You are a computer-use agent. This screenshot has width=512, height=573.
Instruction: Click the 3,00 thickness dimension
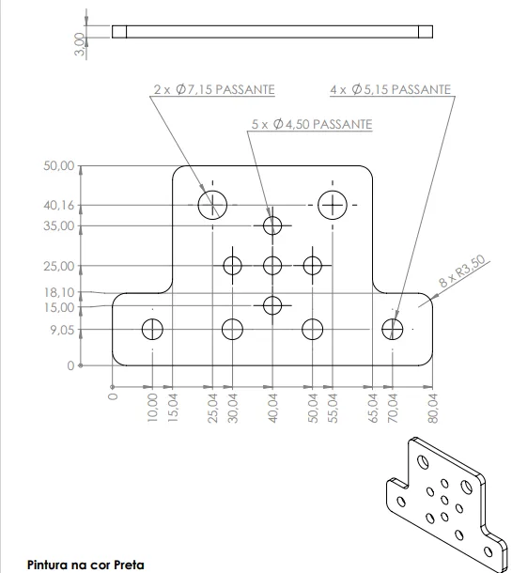tap(80, 44)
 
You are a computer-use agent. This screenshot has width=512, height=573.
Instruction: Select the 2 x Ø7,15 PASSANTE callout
tap(214, 89)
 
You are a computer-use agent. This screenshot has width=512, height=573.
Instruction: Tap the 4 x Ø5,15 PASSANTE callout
tap(390, 89)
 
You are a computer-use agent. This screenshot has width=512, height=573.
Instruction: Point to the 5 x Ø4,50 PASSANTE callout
tap(312, 124)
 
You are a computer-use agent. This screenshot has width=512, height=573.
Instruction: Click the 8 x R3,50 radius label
tap(462, 271)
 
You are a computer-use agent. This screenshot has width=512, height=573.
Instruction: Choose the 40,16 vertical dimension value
tap(58, 206)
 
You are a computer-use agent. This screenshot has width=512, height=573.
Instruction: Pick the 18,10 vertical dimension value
tap(59, 292)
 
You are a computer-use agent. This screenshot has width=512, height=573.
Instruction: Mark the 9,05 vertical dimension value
tap(62, 331)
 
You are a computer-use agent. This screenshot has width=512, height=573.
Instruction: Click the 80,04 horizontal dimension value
tap(433, 409)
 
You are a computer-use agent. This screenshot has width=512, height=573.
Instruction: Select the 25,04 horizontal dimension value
tap(212, 409)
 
